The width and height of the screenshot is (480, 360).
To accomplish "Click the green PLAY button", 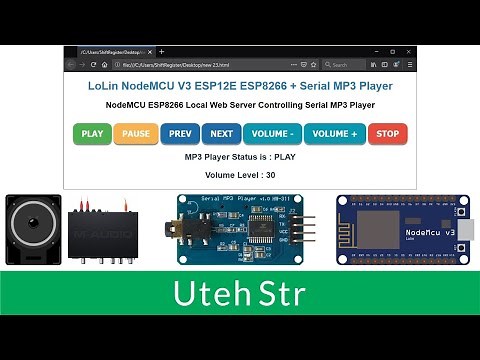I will pos(92,133).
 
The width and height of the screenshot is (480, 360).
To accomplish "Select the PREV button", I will pos(180,133).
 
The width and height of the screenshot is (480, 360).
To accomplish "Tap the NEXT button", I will pos(221,133).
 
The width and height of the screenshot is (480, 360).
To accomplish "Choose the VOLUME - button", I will pos(272,133).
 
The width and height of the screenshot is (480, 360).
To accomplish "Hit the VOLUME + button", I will pos(334,133).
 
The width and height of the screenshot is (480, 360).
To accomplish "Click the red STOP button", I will pos(388,133).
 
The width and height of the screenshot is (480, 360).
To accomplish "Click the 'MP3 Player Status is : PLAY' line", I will pos(240,157).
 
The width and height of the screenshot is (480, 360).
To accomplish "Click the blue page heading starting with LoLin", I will pos(240,86).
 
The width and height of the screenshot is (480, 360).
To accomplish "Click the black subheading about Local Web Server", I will pos(240,104).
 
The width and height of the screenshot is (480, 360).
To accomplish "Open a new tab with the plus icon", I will pos(161,51).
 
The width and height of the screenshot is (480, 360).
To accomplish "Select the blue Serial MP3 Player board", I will pos(236,232).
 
